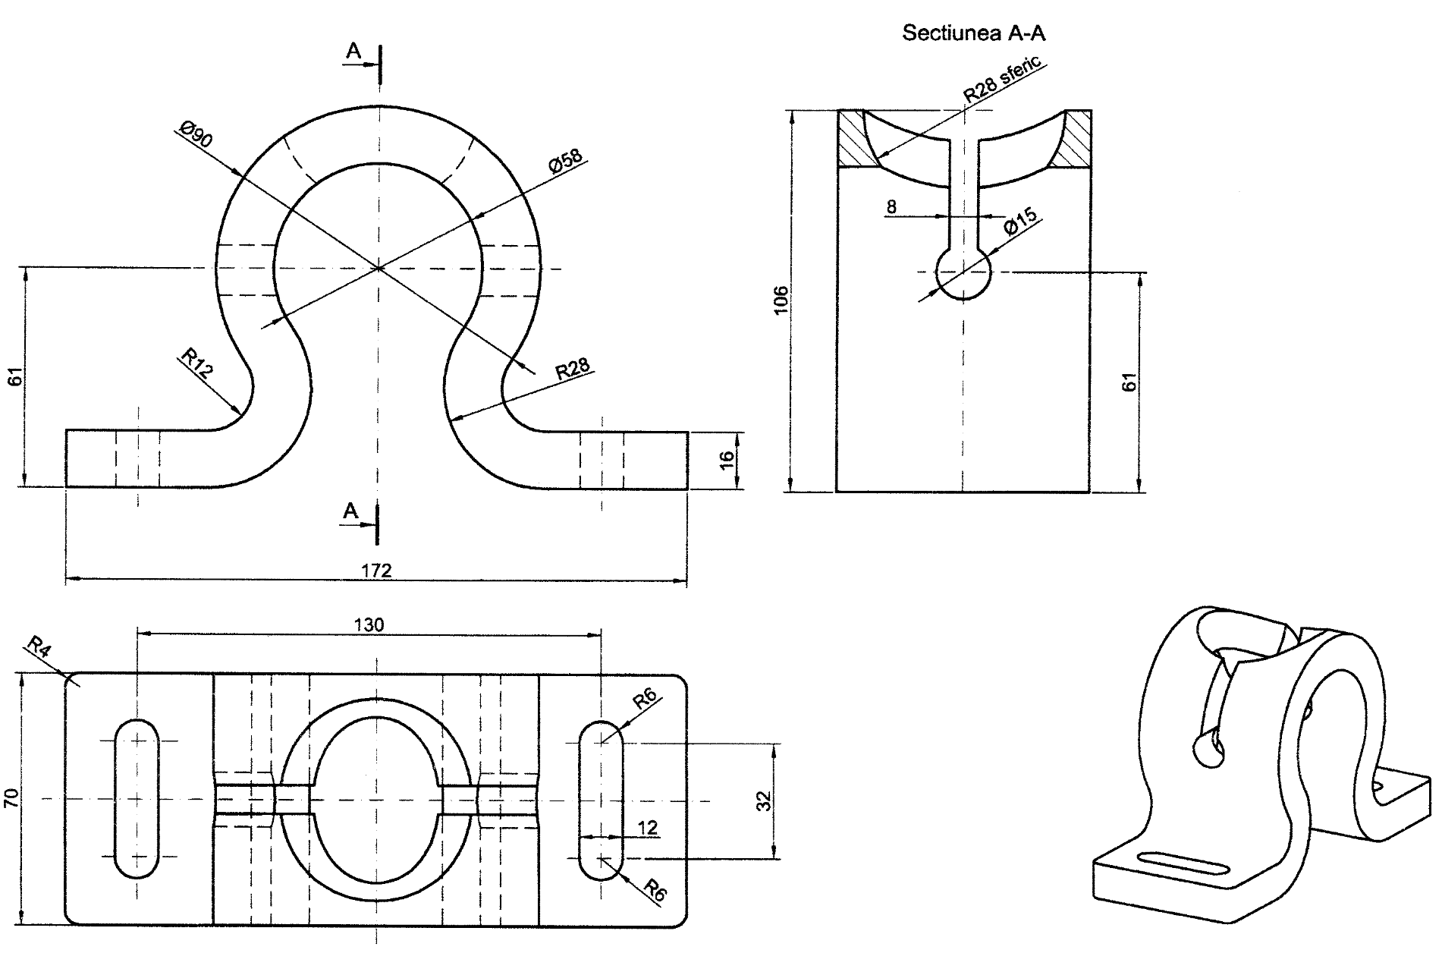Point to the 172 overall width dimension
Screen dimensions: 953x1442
click(x=376, y=570)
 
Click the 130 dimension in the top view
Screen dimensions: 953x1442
click(x=369, y=624)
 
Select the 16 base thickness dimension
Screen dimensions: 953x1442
click(x=727, y=460)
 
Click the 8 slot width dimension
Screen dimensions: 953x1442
click(x=891, y=206)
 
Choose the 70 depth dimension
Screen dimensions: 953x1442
click(x=11, y=797)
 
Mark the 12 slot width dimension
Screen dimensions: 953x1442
click(x=648, y=827)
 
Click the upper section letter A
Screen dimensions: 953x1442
click(x=353, y=52)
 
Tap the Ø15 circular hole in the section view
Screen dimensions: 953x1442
click(x=963, y=272)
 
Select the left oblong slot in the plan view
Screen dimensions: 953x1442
click(x=137, y=798)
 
